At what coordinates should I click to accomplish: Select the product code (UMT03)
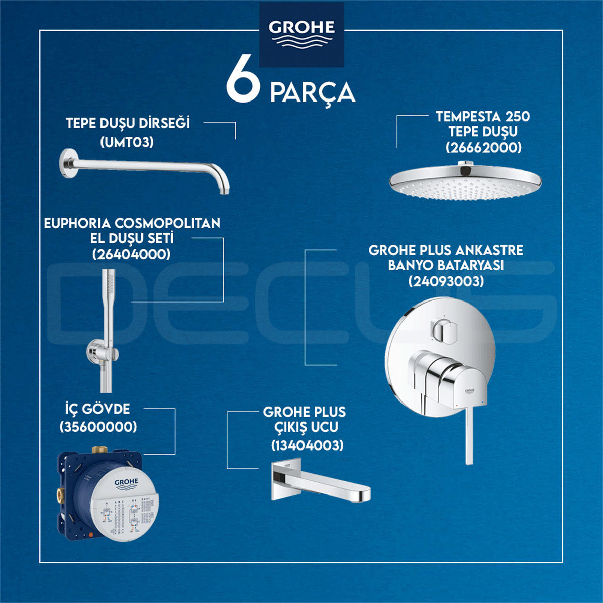(127, 142)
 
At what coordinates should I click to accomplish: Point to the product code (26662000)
(483, 147)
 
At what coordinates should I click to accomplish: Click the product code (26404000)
(132, 254)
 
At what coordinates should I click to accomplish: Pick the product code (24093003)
(446, 281)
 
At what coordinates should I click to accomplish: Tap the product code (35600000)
(98, 427)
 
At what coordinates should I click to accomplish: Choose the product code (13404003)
(308, 445)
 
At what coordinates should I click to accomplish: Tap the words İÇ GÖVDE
(97, 409)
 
